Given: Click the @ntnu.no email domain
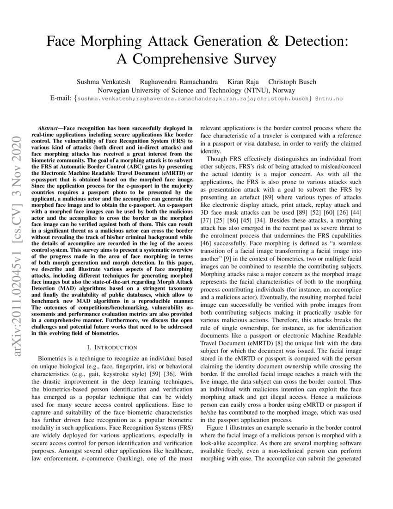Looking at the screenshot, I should coord(329,99).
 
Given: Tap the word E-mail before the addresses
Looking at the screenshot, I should coord(61,99).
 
